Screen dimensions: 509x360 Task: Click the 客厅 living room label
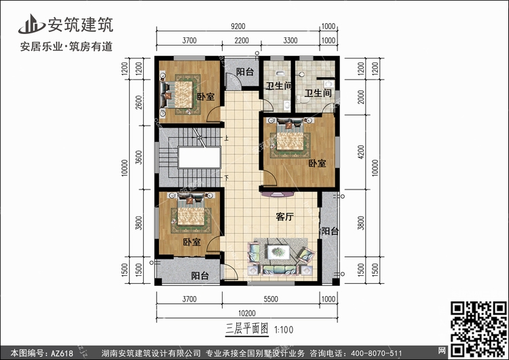click(284, 217)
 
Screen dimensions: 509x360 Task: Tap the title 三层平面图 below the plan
click(247, 329)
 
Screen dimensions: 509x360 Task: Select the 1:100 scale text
click(284, 330)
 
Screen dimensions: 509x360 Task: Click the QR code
click(479, 329)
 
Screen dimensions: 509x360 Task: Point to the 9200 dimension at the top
click(238, 26)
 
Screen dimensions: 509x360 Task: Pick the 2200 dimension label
click(242, 41)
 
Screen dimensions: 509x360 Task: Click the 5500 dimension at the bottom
click(271, 299)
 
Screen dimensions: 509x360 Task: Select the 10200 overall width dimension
click(247, 313)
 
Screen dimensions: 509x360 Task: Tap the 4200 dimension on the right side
click(361, 152)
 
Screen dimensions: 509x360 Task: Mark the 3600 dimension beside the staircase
click(139, 158)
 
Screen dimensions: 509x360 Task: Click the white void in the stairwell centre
click(200, 158)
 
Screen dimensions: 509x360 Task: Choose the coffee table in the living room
click(278, 252)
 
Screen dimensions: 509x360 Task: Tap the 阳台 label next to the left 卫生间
click(245, 72)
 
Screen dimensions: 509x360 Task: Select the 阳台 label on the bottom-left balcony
click(200, 276)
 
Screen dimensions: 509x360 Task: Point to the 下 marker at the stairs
click(226, 178)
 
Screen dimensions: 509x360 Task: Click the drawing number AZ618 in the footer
click(62, 353)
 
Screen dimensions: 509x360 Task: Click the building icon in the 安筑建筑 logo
click(31, 24)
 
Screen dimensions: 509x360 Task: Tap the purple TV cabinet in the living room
click(278, 195)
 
